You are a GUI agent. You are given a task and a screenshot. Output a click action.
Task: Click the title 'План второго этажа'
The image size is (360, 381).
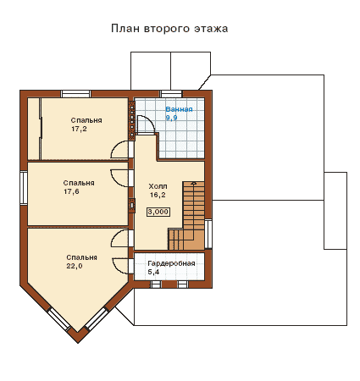pyautogui.click(x=169, y=29)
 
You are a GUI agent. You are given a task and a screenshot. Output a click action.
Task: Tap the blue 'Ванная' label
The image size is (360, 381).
pyautogui.click(x=179, y=109)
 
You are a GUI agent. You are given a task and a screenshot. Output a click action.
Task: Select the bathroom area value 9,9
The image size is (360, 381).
pyautogui.click(x=171, y=118)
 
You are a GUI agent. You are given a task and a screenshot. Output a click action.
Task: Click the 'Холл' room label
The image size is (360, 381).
pyautogui.click(x=158, y=186)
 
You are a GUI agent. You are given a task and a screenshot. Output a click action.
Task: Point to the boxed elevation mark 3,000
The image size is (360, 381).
pyautogui.click(x=158, y=212)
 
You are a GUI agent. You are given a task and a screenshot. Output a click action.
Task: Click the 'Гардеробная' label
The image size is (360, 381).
pyautogui.click(x=171, y=263)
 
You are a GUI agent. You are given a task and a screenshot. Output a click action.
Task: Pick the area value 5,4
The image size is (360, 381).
pyautogui.click(x=153, y=272)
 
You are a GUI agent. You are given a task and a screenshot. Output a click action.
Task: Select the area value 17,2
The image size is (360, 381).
pyautogui.click(x=79, y=130)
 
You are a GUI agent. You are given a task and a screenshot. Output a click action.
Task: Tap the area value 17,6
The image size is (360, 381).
pyautogui.click(x=71, y=191)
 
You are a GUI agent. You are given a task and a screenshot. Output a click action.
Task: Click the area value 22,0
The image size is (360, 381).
pyautogui.click(x=75, y=266)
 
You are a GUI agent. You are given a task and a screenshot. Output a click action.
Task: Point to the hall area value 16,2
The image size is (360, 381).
pyautogui.click(x=158, y=195)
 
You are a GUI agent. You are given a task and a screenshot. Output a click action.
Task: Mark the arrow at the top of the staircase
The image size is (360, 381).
pyautogui.click(x=193, y=183)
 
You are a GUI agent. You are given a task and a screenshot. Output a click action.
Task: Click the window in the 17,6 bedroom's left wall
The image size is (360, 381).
pyautogui.click(x=24, y=187)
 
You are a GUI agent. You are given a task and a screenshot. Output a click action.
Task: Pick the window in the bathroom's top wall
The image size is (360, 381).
pyautogui.click(x=171, y=94)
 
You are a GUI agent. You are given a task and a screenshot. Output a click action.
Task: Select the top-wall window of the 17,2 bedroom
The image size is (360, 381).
pyautogui.click(x=75, y=94)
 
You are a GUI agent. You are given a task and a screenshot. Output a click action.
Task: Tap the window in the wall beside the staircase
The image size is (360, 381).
pyautogui.click(x=208, y=234)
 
